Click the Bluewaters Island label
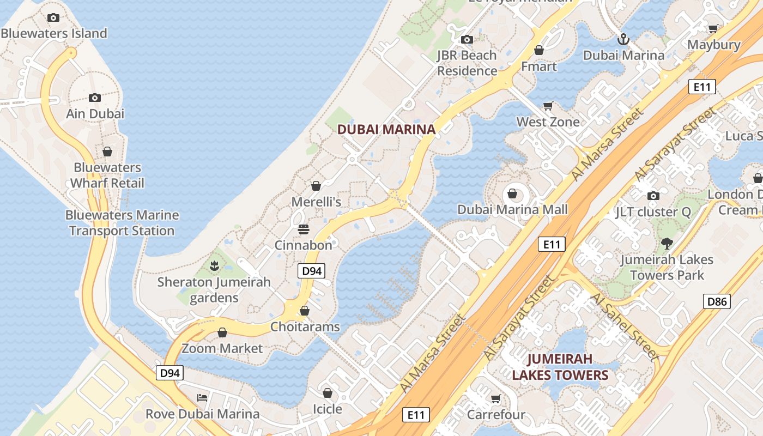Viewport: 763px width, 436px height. (x=54, y=33)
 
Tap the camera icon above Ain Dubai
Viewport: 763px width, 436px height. (x=95, y=98)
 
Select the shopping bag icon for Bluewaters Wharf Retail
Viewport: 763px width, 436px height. (x=107, y=151)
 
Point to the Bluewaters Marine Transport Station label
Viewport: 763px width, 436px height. (x=122, y=223)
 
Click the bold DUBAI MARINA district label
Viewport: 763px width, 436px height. (x=386, y=129)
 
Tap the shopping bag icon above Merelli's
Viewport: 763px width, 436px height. (x=316, y=186)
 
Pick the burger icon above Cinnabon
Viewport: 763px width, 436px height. (x=304, y=229)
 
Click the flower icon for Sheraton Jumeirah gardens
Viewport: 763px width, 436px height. (x=214, y=266)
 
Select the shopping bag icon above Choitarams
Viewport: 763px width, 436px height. (x=305, y=311)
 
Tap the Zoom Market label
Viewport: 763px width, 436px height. (x=222, y=348)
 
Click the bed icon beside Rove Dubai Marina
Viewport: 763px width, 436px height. (x=202, y=397)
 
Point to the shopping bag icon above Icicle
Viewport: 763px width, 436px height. (x=328, y=392)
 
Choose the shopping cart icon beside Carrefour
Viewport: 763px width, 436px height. (x=495, y=398)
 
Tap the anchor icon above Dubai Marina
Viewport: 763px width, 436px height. (x=623, y=39)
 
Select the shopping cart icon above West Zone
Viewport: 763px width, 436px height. (x=548, y=106)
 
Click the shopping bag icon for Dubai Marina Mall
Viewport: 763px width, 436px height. (x=512, y=193)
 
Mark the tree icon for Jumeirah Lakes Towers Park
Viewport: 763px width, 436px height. (x=667, y=244)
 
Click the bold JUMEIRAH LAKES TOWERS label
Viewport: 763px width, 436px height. (x=560, y=367)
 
